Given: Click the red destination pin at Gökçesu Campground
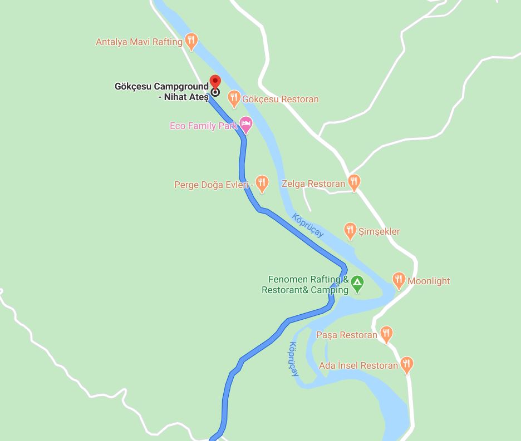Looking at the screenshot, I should click(215, 82).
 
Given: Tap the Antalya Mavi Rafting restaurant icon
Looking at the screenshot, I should click(191, 41).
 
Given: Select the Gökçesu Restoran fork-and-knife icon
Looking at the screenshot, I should click(234, 98).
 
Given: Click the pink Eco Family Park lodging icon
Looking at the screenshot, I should click(245, 125).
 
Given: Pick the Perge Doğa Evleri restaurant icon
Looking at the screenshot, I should click(262, 183).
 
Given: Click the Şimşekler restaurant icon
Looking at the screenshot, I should click(350, 230).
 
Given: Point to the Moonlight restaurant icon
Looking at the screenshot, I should click(399, 280).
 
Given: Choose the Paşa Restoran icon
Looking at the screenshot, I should click(386, 334).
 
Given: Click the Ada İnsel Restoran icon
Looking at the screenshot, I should click(407, 364).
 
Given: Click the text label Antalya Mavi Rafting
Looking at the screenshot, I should click(139, 42).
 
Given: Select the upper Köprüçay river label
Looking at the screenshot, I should click(308, 225).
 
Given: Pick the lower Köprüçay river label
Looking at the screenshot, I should click(293, 359).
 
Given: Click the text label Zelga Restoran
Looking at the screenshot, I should click(313, 184).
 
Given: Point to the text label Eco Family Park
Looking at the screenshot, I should click(204, 126).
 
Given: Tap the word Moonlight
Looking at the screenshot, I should click(429, 281).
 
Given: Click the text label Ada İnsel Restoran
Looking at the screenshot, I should click(358, 365).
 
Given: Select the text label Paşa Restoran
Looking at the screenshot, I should click(347, 335).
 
